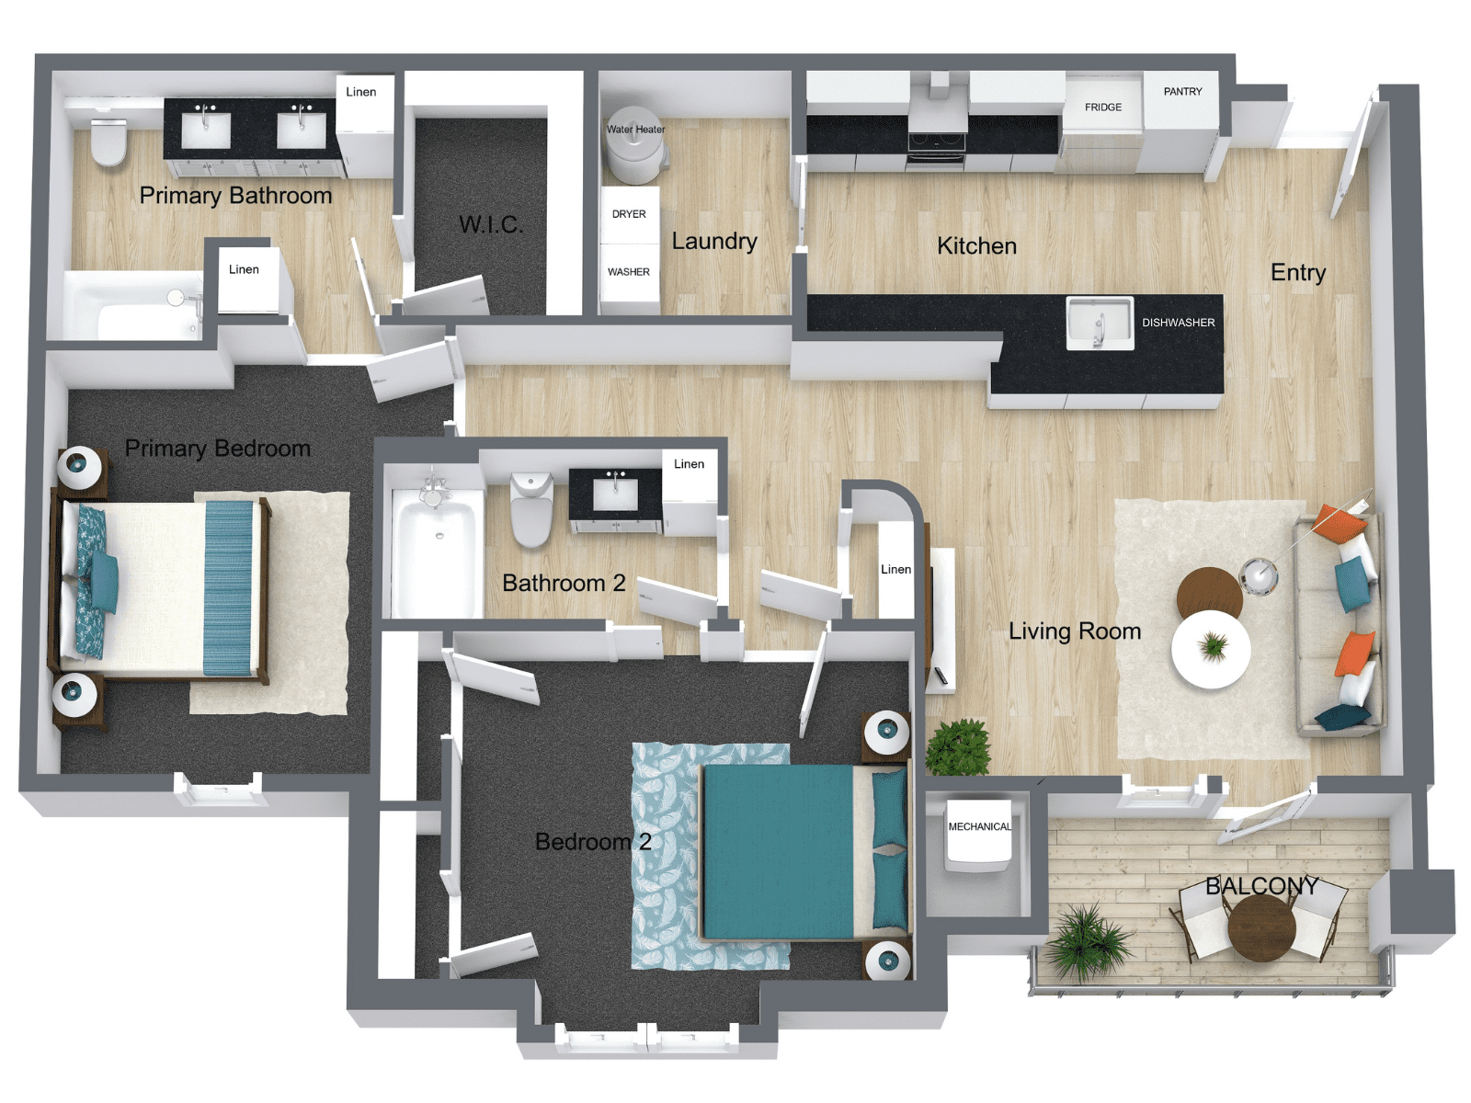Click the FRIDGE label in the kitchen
point(1102,108)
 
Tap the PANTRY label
point(1182,92)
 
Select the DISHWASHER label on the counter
point(1178,323)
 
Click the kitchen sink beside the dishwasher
point(1100,323)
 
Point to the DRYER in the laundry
point(629,214)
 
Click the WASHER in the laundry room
point(629,272)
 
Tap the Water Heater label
point(635,130)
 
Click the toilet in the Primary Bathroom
point(109,142)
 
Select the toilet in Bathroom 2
point(531,510)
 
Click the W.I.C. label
point(491,224)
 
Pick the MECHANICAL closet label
point(979,827)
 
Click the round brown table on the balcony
point(1261,927)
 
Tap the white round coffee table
point(1211,649)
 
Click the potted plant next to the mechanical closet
point(959,746)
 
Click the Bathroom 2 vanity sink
point(615,494)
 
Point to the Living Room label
point(1074,631)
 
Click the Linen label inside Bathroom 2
point(689,464)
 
